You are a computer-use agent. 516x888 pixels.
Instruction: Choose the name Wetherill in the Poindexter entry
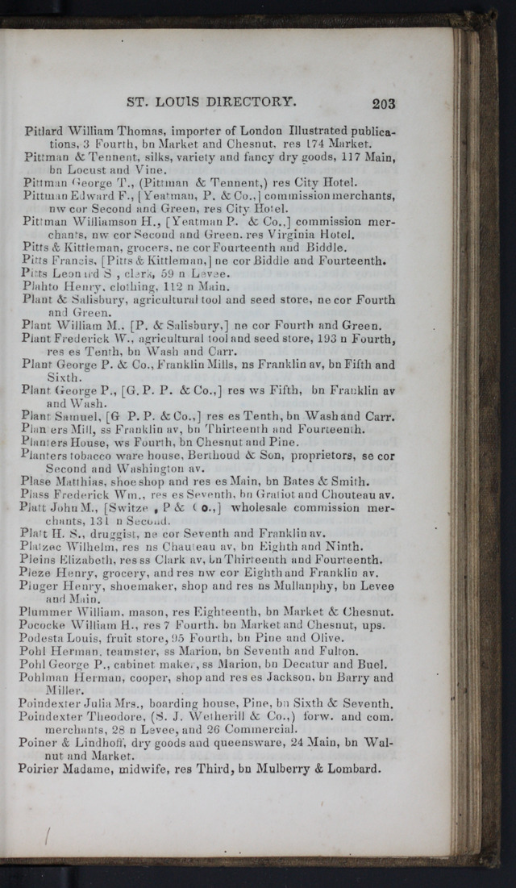(x=223, y=716)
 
